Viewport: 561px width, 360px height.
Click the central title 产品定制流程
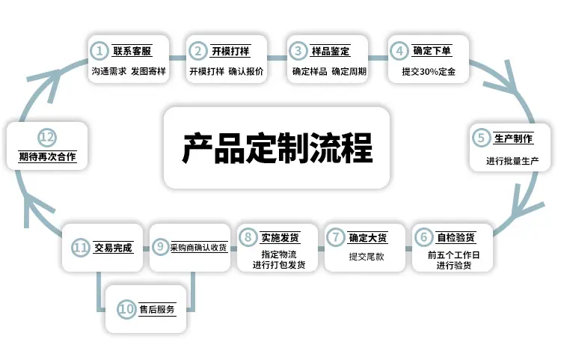pos(278,148)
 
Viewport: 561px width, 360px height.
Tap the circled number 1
pos(99,51)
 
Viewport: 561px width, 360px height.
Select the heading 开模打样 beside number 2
pos(230,51)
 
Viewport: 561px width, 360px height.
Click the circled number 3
pos(298,51)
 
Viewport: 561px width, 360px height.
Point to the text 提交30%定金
pos(429,72)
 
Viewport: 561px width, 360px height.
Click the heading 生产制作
pos(513,138)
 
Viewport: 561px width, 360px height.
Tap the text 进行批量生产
pos(512,161)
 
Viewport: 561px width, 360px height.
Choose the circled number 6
pos(423,237)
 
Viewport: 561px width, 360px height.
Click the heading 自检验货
pos(456,237)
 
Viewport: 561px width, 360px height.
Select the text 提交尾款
pos(367,256)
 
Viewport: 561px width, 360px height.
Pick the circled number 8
pos(248,237)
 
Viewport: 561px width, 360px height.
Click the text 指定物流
pos(279,254)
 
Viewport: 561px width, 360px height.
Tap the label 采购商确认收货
pos(198,247)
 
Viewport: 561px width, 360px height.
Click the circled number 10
pos(126,309)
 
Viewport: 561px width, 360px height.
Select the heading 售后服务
pos(157,309)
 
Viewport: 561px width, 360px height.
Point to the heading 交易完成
pos(114,247)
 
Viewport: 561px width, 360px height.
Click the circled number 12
pos(47,137)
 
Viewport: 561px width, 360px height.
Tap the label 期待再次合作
pos(47,156)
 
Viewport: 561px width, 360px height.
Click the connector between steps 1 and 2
pos(178,58)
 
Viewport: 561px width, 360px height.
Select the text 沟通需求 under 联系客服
pos(109,71)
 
